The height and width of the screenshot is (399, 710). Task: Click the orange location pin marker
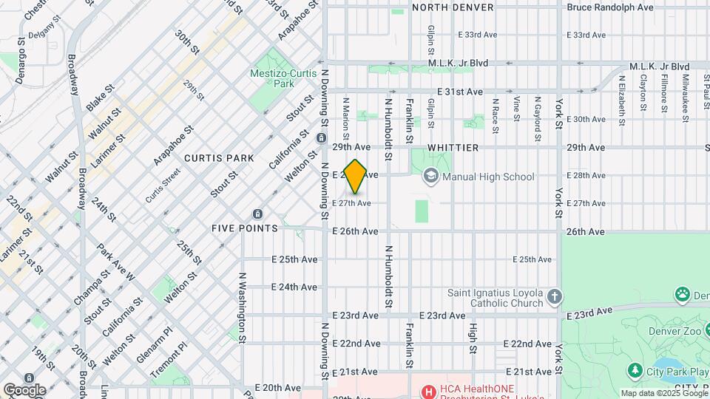(356, 176)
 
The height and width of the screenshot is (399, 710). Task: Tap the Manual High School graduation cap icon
(430, 177)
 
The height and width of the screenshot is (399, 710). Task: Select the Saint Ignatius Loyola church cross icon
(555, 297)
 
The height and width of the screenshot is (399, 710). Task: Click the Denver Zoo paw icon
(682, 295)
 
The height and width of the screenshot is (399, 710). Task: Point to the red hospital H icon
(427, 391)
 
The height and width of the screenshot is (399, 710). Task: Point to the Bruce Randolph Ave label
(610, 7)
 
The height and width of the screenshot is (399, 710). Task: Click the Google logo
(24, 389)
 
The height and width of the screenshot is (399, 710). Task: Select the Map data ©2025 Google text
(663, 393)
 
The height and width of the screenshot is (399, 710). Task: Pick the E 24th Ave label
(294, 287)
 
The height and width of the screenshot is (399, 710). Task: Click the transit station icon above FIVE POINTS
(257, 214)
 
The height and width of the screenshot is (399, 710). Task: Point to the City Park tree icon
(634, 369)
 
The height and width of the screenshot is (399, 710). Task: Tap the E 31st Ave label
(459, 92)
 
